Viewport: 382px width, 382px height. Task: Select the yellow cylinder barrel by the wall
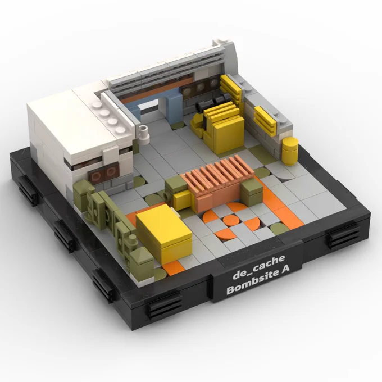(x=290, y=151)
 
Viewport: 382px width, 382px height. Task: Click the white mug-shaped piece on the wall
(x=144, y=133)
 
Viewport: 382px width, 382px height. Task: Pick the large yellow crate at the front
(x=163, y=232)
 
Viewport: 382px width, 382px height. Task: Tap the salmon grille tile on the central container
(x=219, y=175)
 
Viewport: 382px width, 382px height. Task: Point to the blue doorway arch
(x=156, y=105)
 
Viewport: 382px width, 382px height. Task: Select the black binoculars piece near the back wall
(x=212, y=102)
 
